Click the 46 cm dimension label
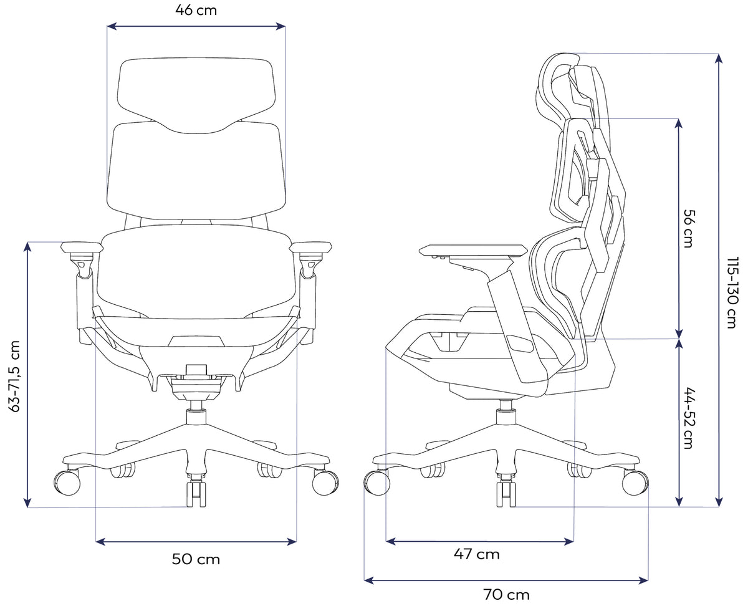[196, 11]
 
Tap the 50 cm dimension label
[196, 559]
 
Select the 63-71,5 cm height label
[14, 376]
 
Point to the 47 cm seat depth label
[476, 554]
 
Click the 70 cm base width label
[506, 595]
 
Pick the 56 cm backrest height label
[689, 228]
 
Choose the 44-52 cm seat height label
[689, 418]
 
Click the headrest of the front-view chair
[196, 96]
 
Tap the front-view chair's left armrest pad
[82, 247]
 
